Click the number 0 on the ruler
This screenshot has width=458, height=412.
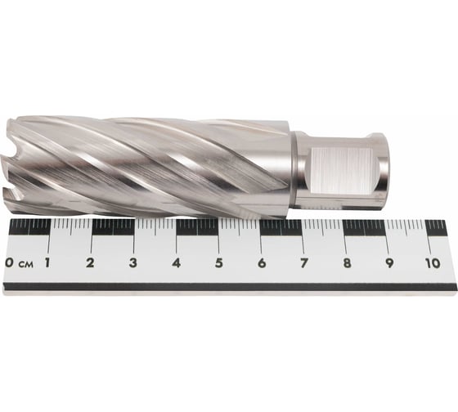(x=9, y=262)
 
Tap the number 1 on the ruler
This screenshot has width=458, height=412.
(x=47, y=262)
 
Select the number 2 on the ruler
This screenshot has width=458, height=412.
(x=91, y=262)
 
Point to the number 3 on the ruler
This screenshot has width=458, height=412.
(x=133, y=262)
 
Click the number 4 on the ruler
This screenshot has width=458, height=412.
(x=176, y=262)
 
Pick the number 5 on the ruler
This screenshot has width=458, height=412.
(x=219, y=263)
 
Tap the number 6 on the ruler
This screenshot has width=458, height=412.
(x=262, y=263)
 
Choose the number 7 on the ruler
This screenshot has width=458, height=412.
(x=303, y=263)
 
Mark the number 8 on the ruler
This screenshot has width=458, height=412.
(x=347, y=263)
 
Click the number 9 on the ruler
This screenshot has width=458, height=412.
(x=389, y=263)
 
